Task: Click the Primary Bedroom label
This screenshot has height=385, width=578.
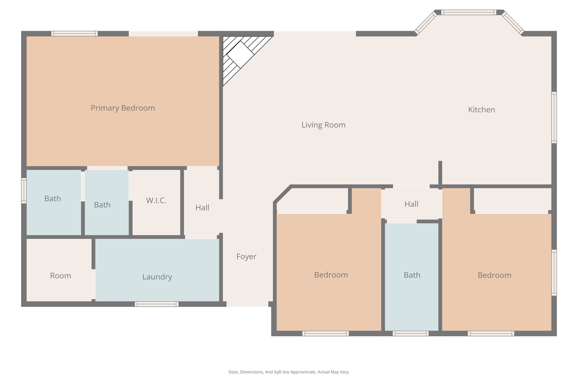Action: tap(123, 108)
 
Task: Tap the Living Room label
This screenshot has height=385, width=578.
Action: tap(323, 125)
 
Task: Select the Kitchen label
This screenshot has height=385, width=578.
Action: tap(481, 110)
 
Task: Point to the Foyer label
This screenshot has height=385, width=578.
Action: tap(246, 257)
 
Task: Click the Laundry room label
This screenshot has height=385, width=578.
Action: tap(157, 277)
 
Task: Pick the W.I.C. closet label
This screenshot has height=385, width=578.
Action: tap(156, 201)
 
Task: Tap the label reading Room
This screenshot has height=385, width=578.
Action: tap(60, 276)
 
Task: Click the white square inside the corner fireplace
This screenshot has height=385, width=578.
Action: tap(240, 55)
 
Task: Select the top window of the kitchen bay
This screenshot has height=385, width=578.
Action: tap(468, 12)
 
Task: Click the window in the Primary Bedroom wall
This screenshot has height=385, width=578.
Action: tap(75, 34)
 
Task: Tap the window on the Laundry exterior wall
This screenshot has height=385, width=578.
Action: tap(156, 304)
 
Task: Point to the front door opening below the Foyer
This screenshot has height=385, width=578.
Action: tap(247, 304)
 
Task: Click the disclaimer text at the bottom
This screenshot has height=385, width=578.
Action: tap(289, 372)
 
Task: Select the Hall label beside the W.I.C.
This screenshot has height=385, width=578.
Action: tap(202, 208)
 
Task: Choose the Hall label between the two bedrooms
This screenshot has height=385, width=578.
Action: tap(411, 204)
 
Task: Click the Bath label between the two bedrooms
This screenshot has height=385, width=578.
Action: tap(412, 275)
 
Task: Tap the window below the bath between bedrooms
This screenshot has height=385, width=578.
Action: tap(410, 333)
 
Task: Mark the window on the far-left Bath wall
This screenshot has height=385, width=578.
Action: tap(24, 190)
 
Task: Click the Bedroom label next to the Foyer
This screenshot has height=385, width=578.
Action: tap(331, 275)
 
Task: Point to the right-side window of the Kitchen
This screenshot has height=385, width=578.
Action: tap(554, 117)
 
